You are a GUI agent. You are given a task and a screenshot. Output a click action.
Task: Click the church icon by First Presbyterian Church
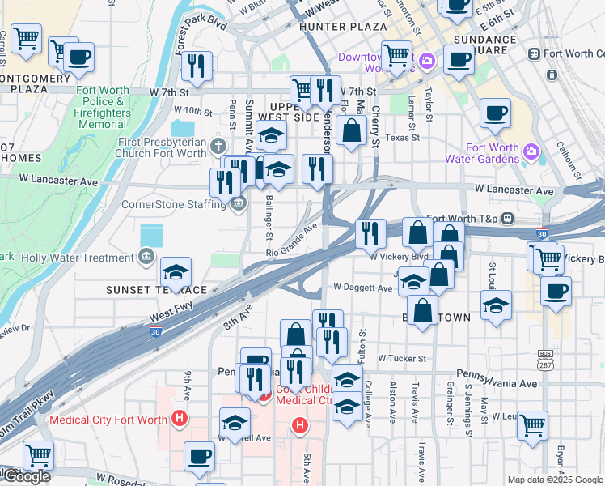[x=217, y=147]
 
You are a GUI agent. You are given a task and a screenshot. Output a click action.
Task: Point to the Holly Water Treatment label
[x=78, y=258]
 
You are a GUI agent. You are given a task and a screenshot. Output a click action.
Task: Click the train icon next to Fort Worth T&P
[x=508, y=218]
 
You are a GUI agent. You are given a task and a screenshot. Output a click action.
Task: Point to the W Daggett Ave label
[x=362, y=288]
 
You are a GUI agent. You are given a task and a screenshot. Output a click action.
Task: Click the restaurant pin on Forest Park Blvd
[x=197, y=66]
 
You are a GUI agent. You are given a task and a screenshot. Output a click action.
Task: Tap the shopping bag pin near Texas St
[x=351, y=130]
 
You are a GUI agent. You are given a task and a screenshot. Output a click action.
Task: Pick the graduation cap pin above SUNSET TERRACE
[x=176, y=273]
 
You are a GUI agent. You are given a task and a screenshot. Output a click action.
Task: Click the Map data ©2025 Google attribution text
[x=554, y=479]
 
